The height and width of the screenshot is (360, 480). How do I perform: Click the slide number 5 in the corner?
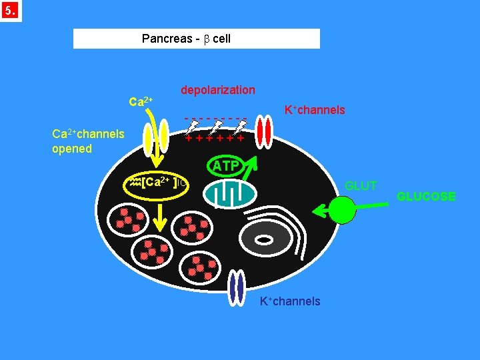(x=11, y=11)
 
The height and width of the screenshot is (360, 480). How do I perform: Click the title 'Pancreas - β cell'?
(x=186, y=39)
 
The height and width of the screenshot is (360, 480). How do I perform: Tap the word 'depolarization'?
(x=217, y=90)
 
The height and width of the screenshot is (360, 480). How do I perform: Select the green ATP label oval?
(x=226, y=166)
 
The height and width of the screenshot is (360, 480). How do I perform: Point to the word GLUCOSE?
(x=426, y=197)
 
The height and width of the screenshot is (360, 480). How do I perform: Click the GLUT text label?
(x=360, y=186)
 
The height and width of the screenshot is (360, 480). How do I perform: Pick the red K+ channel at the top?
(x=265, y=132)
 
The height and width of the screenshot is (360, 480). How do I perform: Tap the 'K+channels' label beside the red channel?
(x=315, y=110)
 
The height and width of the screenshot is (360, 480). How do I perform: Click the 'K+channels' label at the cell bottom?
(x=290, y=301)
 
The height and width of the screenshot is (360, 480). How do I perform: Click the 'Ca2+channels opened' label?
(x=88, y=141)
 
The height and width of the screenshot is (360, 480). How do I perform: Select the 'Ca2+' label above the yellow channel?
(x=141, y=102)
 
